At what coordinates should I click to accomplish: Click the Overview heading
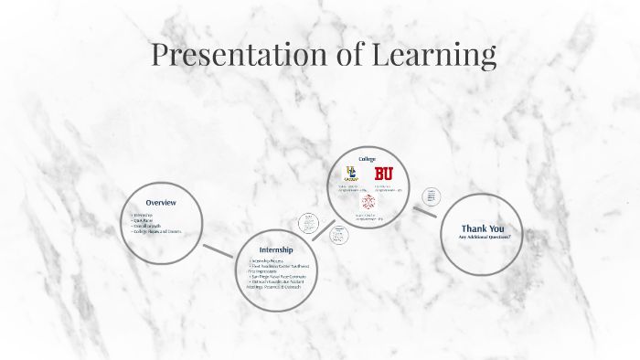(161, 203)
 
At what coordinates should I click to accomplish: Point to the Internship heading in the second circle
(276, 249)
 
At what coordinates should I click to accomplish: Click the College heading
(368, 159)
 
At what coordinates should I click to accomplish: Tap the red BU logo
(383, 173)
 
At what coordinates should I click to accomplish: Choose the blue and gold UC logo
(351, 173)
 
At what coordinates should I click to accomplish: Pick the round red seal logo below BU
(368, 201)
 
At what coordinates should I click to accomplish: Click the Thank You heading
(483, 228)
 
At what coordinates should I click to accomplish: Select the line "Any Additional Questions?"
(485, 238)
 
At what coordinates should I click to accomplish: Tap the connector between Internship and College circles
(321, 230)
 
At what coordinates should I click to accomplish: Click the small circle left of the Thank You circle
(432, 196)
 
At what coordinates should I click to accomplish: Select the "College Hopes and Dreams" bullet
(158, 231)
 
